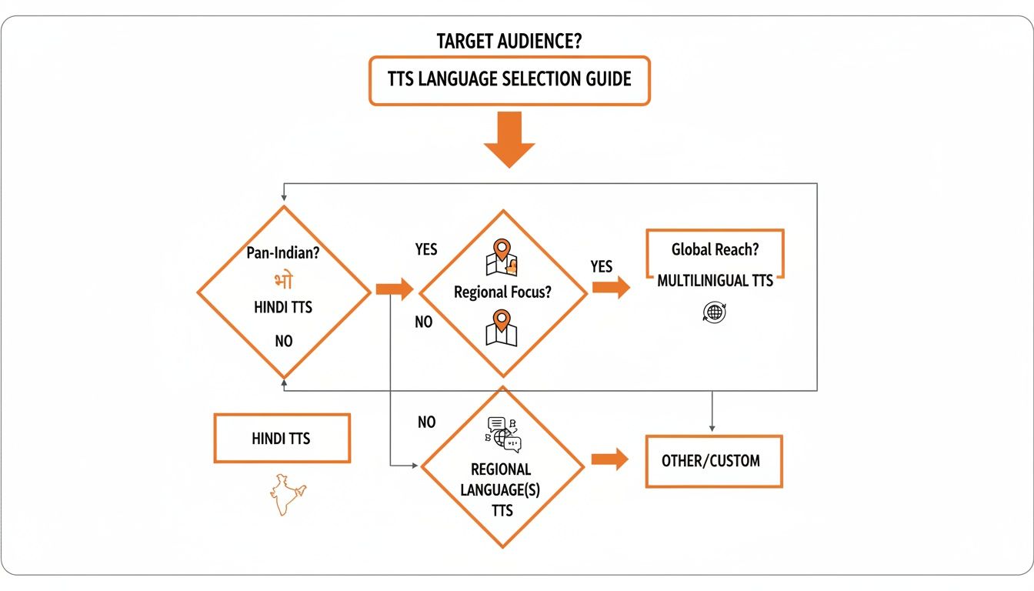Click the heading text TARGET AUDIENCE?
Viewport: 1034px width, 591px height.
(x=509, y=42)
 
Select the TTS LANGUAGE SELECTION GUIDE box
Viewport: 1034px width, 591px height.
(x=509, y=79)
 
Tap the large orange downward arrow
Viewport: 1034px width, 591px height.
(x=509, y=139)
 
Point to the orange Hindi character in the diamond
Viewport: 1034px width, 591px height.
(x=283, y=279)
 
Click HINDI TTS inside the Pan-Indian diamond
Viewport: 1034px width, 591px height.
(x=283, y=307)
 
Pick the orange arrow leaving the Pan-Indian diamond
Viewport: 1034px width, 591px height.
(x=393, y=290)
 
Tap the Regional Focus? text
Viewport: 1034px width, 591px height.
(x=502, y=292)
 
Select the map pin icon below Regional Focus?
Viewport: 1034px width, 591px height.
(x=502, y=328)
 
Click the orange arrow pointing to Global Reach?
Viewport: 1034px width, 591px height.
(x=611, y=289)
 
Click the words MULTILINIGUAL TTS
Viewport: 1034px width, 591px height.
(x=715, y=281)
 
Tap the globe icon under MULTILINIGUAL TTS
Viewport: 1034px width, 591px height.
(x=715, y=312)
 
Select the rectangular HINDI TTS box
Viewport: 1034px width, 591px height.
(x=282, y=439)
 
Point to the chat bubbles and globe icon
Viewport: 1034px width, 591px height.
(x=502, y=434)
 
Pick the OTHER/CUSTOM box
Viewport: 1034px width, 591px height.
(x=713, y=461)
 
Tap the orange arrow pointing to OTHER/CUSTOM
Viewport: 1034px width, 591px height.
(x=609, y=460)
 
